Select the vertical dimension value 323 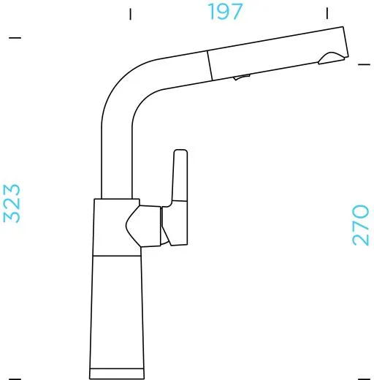[x=12, y=203]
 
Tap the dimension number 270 [x=361, y=224]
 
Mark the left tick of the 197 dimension [x=130, y=13]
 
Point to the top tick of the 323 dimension [x=15, y=37]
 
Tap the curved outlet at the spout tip [x=332, y=58]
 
